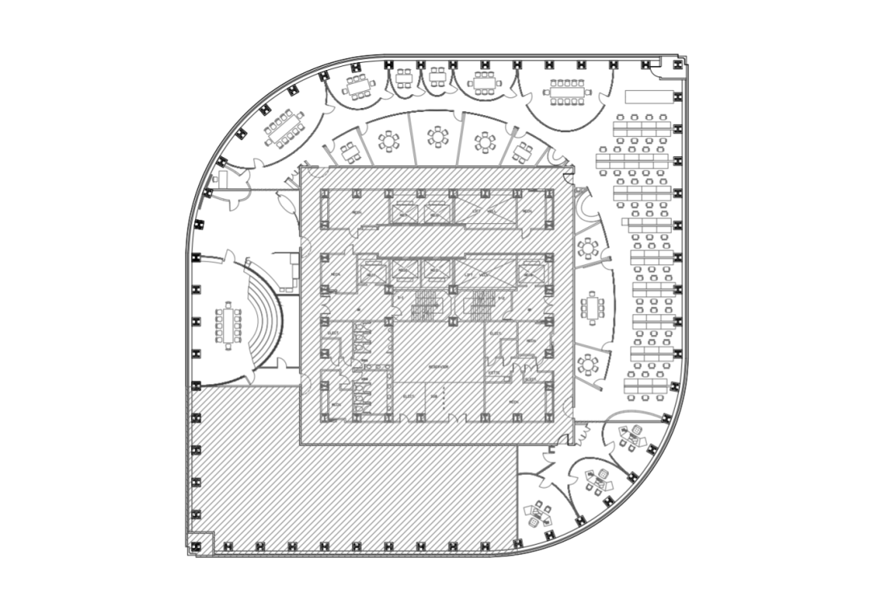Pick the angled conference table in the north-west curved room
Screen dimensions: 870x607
284,130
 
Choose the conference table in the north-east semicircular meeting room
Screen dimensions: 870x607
567,91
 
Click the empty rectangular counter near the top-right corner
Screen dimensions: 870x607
648,97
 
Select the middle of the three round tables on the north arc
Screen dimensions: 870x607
437,137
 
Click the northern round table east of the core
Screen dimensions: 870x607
588,249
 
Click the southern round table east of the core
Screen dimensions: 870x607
591,365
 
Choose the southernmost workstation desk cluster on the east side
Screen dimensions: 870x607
649,385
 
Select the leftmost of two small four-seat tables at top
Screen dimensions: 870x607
404,78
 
